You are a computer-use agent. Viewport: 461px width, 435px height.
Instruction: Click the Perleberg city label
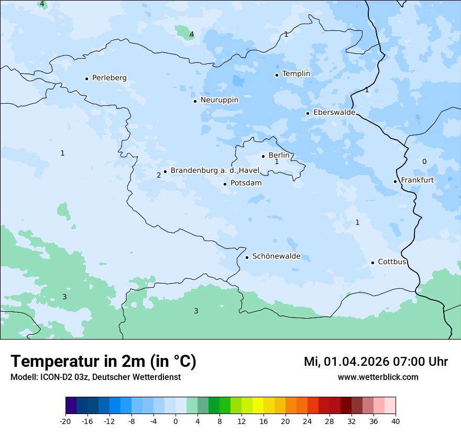coord(109,78)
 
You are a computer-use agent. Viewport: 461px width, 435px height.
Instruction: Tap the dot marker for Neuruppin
coord(195,101)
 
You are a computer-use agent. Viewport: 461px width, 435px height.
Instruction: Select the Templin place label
coord(296,74)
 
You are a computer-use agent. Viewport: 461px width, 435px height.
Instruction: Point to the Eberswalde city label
coord(334,113)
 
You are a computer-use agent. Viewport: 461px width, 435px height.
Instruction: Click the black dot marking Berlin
coord(263,156)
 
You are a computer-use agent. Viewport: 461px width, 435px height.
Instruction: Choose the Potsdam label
coord(246,183)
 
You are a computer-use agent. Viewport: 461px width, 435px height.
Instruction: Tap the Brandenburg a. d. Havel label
coord(215,171)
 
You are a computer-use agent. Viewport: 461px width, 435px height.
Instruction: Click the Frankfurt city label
coord(417,180)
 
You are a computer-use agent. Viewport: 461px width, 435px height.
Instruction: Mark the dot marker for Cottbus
coord(372,263)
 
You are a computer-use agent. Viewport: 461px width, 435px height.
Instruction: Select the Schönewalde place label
coord(276,257)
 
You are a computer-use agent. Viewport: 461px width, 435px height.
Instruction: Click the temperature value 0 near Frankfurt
coord(424,161)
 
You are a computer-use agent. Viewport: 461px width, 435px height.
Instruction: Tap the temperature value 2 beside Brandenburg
coord(159,175)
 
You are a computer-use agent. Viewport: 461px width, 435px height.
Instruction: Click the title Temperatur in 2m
coord(104,362)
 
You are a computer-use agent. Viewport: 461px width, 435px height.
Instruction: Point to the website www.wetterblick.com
coord(378,377)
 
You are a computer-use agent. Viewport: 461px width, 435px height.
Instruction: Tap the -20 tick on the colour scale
coord(65,421)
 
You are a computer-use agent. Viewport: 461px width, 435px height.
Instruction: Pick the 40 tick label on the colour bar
coord(396,421)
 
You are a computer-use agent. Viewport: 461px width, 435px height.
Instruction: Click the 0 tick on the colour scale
coord(175,421)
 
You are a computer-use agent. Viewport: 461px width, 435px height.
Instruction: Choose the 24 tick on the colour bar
coord(308,421)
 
